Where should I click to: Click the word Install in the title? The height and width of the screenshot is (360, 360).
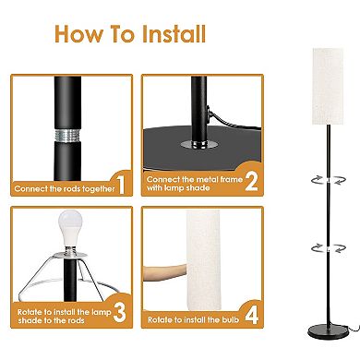pyautogui.click(x=174, y=33)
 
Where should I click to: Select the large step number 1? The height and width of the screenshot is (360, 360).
pyautogui.click(x=121, y=184)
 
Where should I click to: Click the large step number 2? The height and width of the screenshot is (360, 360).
pyautogui.click(x=251, y=181)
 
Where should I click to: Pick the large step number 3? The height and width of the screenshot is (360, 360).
pyautogui.click(x=119, y=312)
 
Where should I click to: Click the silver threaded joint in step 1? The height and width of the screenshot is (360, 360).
pyautogui.click(x=67, y=135)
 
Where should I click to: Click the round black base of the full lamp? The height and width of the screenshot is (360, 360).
pyautogui.click(x=328, y=332)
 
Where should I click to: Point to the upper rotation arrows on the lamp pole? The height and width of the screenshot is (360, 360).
pyautogui.click(x=329, y=180)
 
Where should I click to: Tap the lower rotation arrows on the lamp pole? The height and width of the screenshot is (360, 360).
pyautogui.click(x=329, y=248)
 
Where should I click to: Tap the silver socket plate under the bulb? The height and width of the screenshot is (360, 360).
pyautogui.click(x=70, y=254)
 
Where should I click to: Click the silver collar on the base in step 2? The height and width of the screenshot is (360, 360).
pyautogui.click(x=199, y=144)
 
